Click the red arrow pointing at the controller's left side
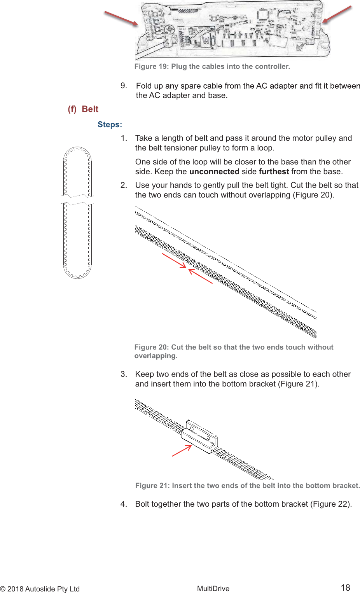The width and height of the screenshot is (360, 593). point(121,18)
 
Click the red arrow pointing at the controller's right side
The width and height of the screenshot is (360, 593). point(337,14)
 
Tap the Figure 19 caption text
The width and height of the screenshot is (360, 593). point(212,66)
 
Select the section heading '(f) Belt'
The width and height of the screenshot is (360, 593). point(83,109)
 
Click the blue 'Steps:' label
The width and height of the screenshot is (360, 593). point(110,124)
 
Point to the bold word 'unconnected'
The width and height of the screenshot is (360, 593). point(214,171)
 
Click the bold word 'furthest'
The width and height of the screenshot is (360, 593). point(274,171)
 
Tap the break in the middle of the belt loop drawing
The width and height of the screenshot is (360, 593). point(77,199)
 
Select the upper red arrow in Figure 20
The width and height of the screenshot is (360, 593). point(174,260)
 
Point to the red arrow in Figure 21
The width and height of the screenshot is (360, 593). point(182,451)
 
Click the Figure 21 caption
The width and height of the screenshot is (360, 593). point(247,486)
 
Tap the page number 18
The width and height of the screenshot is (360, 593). point(345,588)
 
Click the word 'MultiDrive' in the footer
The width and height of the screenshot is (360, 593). point(213,589)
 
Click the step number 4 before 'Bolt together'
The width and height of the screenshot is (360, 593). point(123,504)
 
